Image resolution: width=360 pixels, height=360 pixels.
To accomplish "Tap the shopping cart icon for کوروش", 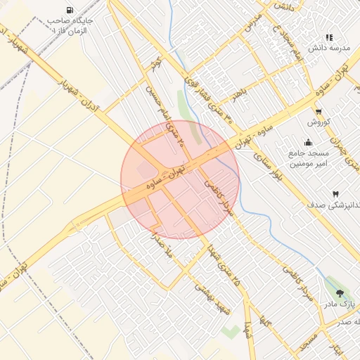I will point(319,111).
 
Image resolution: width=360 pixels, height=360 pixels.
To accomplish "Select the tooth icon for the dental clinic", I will point(335,193).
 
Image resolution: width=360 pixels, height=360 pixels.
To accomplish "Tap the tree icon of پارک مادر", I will point(341,294).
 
